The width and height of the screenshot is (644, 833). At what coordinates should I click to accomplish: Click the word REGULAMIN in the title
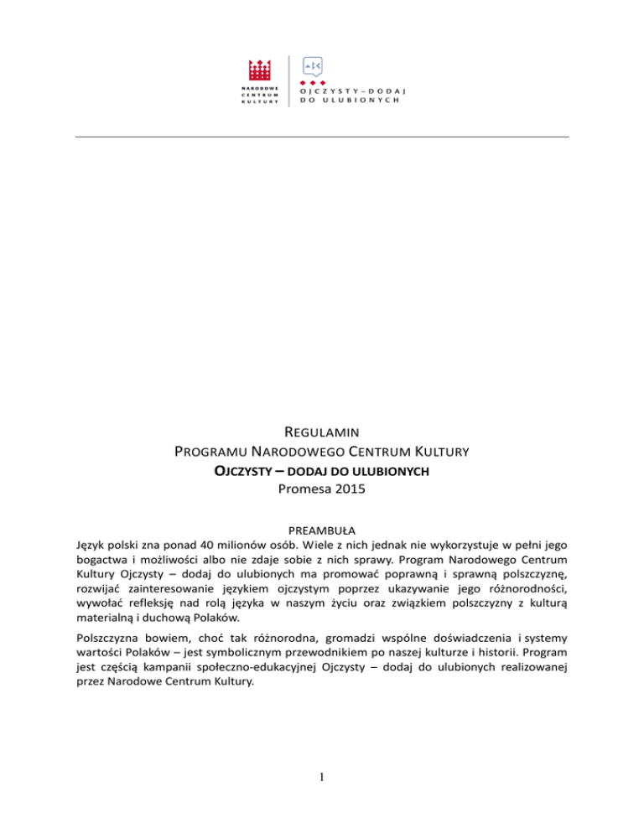(322, 433)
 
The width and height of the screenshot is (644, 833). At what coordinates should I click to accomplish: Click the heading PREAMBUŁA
(322, 530)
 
